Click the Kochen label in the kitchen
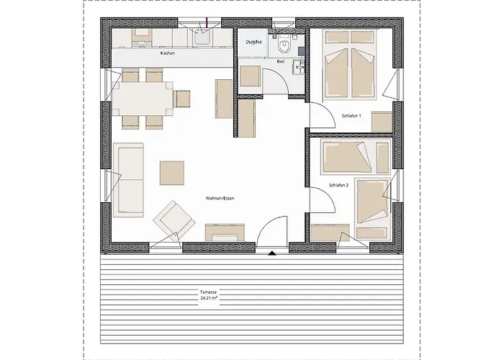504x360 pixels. tap(168, 53)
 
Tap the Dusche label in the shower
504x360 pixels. tap(254, 42)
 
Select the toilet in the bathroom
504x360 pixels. tap(284, 44)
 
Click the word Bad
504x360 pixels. tap(281, 61)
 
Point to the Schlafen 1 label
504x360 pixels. tap(351, 116)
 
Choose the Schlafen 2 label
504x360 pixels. tap(339, 185)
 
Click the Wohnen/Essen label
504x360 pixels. tap(220, 198)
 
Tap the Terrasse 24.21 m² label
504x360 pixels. tap(209, 295)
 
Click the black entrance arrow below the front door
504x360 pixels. tap(272, 253)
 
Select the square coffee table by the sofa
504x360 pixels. tap(172, 173)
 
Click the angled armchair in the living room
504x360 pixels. tap(174, 221)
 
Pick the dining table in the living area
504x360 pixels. tap(142, 99)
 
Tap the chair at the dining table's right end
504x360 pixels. tap(181, 99)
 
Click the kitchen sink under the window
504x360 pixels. tap(202, 39)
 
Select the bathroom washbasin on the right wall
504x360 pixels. tap(298, 67)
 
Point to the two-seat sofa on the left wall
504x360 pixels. tap(129, 180)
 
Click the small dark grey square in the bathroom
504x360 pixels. tap(302, 51)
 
